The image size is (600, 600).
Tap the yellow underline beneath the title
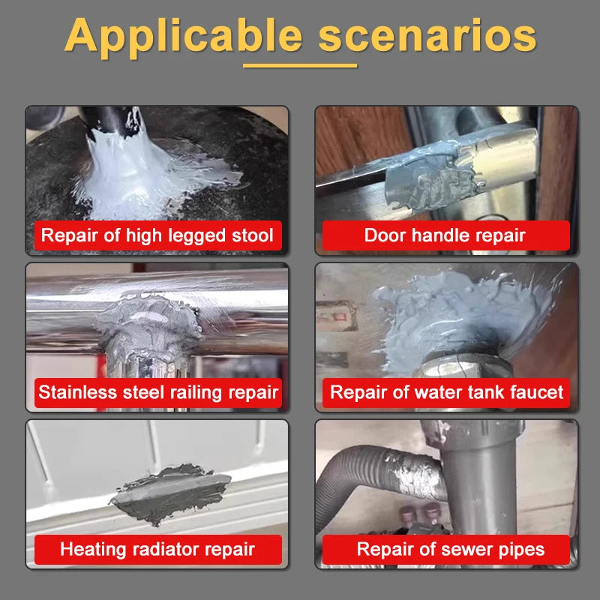click(x=300, y=66)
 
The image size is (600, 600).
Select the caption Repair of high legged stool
click(x=157, y=235)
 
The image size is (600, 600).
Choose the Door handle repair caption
click(x=445, y=235)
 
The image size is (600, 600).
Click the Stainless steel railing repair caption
click(x=157, y=392)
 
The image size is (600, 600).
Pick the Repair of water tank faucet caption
click(x=446, y=392)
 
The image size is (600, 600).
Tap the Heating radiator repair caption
click(x=157, y=549)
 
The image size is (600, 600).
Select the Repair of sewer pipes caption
click(x=450, y=549)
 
